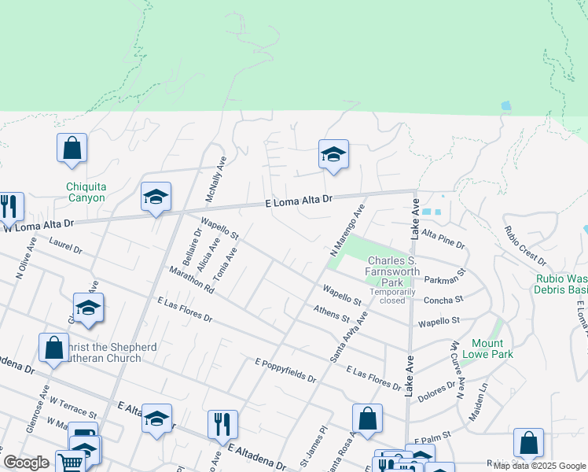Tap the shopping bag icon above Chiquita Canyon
coord(72,148)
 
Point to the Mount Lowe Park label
coord(492,348)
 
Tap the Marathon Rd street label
coord(192,280)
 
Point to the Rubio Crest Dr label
coord(525,245)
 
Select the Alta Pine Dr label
coord(443,234)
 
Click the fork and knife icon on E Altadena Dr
coord(222,425)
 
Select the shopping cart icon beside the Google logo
coord(71,461)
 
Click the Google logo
coord(27,463)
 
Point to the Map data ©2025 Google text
coord(540,466)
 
